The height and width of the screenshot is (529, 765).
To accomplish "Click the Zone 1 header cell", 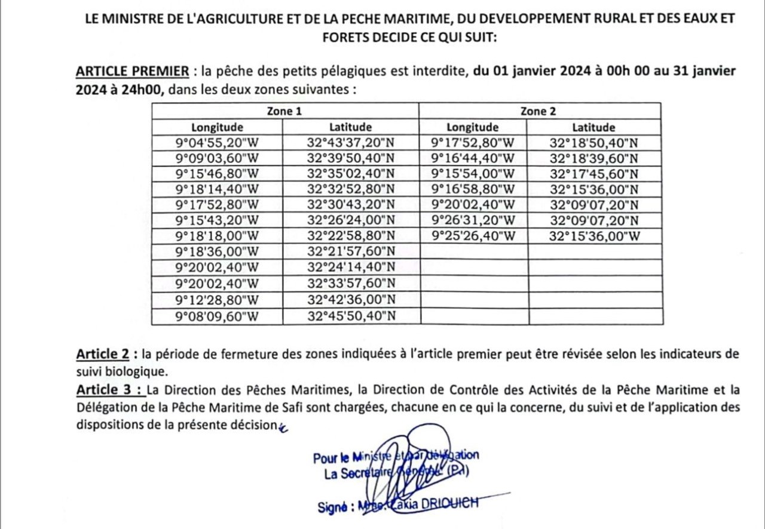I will click(284, 111).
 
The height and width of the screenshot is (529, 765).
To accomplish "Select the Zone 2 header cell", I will click(540, 111).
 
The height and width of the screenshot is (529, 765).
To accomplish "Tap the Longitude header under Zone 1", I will click(217, 127).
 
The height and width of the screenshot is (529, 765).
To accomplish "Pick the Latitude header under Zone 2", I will click(593, 127).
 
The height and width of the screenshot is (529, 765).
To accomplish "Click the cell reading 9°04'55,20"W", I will click(217, 143).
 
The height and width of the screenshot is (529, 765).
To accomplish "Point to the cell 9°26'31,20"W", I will click(473, 220).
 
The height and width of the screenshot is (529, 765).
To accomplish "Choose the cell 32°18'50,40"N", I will click(593, 143).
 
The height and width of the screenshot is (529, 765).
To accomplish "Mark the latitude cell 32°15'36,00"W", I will click(593, 236).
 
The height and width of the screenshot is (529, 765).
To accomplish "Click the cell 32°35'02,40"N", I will click(351, 174).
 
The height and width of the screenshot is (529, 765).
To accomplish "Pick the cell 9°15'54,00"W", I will click(473, 174).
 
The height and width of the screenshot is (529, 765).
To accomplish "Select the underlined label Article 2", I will click(103, 354).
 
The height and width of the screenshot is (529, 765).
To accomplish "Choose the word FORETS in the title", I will click(341, 38).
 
